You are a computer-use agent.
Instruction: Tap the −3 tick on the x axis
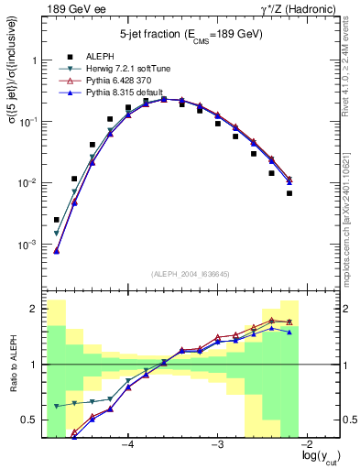217,444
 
